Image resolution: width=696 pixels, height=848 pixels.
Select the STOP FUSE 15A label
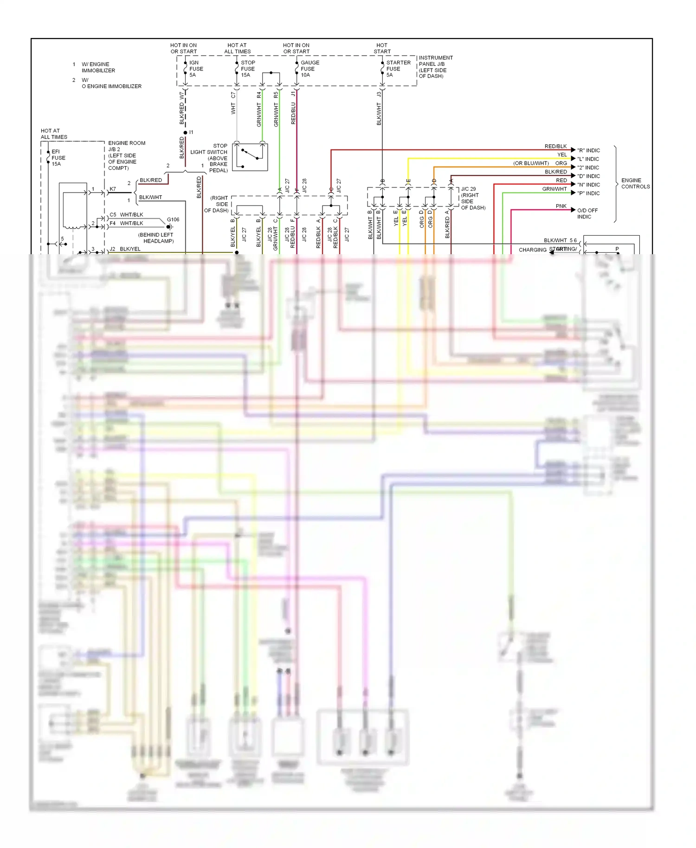(x=247, y=69)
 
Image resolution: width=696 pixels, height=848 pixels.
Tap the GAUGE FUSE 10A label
(x=309, y=69)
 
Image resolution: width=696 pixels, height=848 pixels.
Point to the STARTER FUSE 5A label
(x=398, y=69)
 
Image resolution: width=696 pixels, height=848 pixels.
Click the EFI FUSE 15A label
(x=58, y=158)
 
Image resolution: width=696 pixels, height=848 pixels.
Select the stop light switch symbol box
(x=250, y=157)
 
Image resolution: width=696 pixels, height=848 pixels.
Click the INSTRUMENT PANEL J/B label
(x=435, y=67)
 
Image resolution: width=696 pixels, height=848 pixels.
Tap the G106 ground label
(x=173, y=219)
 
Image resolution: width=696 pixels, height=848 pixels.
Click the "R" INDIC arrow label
(x=588, y=150)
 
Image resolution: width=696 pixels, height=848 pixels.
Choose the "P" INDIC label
(x=588, y=193)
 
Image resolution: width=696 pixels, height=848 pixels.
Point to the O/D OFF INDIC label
(x=587, y=213)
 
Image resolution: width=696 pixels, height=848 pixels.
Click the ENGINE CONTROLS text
(x=635, y=183)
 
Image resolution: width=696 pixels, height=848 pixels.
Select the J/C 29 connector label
(x=468, y=189)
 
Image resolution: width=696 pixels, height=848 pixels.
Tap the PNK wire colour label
(x=561, y=206)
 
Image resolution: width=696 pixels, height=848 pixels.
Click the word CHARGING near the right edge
(x=532, y=250)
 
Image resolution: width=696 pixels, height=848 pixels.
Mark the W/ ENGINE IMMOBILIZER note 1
(x=98, y=67)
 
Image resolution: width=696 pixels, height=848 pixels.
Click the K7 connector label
(x=113, y=189)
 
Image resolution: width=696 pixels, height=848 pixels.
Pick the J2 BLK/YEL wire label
(x=125, y=249)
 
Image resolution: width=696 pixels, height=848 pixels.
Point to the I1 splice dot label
(x=191, y=132)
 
